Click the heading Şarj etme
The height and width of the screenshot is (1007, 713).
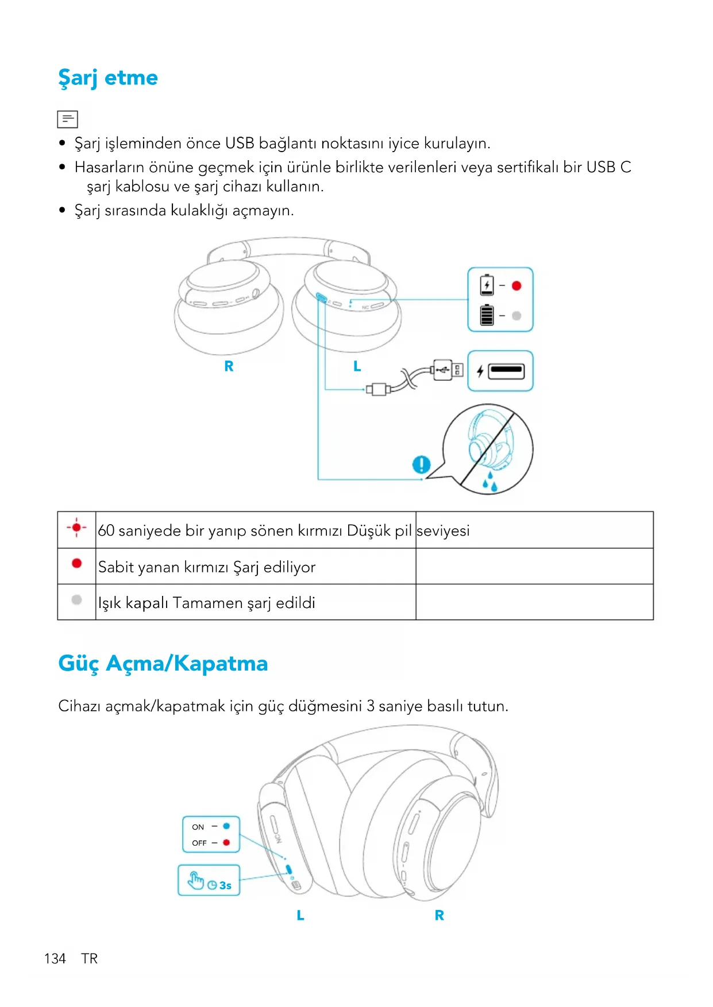108,78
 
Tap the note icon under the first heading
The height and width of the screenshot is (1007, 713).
67,119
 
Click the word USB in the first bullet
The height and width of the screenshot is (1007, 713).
240,143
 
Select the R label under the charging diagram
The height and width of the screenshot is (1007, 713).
229,366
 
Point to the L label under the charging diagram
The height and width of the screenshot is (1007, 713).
357,366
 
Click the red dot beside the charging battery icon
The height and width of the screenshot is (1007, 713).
517,286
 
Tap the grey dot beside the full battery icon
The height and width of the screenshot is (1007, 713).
517,315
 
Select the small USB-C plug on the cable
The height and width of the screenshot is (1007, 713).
378,390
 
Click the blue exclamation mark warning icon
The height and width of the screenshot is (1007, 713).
421,464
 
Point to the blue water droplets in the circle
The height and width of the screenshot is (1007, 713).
490,482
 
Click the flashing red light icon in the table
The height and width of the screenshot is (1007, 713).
76,527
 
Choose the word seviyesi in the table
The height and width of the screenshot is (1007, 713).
443,530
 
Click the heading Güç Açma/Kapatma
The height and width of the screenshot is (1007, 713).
163,663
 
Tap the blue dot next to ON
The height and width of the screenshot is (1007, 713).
226,826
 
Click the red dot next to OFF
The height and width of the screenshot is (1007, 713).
226,842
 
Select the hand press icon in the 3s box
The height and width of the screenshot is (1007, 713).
196,880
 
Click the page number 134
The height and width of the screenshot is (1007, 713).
55,958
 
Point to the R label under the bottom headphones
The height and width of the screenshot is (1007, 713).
439,915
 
